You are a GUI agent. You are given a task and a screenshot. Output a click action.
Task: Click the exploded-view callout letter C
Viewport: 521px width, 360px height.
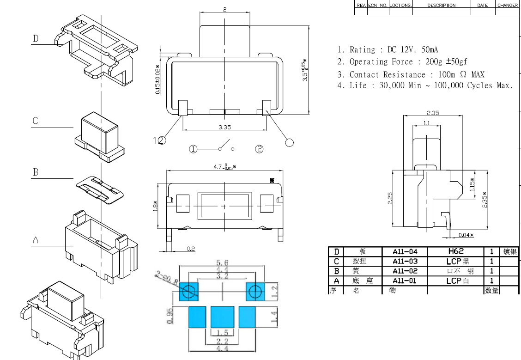point(36,121)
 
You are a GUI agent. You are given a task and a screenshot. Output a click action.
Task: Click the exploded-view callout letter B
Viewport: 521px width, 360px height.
point(36,172)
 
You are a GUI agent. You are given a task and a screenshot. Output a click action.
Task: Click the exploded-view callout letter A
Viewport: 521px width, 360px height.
point(36,240)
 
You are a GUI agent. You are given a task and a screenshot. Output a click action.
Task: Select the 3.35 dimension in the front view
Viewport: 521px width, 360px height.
point(224,127)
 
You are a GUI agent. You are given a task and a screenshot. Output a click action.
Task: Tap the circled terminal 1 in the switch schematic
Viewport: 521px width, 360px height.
point(193,149)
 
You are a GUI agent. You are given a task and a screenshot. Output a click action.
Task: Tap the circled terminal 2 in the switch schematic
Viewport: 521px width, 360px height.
point(260,149)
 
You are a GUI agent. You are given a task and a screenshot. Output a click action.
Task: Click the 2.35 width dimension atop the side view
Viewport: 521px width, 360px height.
point(433,113)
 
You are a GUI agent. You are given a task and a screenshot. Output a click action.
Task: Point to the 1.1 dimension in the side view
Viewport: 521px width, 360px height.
point(426,123)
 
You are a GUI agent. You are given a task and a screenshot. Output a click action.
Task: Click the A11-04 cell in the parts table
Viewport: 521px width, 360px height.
point(405,252)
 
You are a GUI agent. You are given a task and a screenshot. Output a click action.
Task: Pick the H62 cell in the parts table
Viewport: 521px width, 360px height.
point(455,251)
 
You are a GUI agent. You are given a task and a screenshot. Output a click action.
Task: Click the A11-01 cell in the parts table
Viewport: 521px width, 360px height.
point(405,281)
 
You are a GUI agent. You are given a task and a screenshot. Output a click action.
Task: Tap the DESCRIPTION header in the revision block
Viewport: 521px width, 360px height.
point(441,6)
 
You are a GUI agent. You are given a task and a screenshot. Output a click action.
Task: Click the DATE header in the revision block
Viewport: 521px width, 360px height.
point(482,6)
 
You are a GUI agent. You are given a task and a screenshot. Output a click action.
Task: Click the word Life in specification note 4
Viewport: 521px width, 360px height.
point(358,85)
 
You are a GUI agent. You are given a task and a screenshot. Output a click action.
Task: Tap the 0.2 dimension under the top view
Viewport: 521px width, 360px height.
point(191,249)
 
